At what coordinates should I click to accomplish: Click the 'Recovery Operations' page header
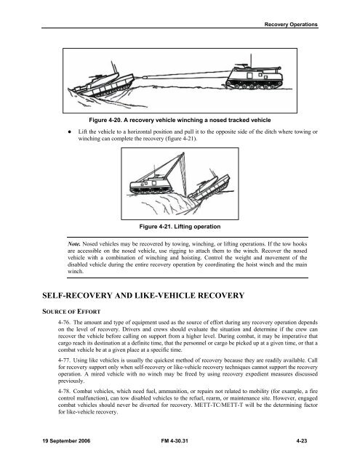click(x=291, y=24)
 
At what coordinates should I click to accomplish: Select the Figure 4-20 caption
click(x=180, y=120)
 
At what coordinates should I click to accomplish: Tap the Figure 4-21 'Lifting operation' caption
click(x=180, y=227)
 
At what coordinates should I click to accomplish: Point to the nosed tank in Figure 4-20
click(x=101, y=83)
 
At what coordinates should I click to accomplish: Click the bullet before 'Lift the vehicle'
click(x=69, y=132)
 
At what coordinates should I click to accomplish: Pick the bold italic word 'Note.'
click(x=74, y=244)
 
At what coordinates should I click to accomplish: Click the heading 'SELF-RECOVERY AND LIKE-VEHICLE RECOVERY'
click(x=143, y=296)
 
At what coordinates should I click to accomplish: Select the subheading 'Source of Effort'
click(x=71, y=312)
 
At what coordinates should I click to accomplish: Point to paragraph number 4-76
click(x=64, y=323)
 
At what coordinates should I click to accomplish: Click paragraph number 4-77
click(x=64, y=360)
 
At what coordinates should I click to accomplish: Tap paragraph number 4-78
click(x=64, y=391)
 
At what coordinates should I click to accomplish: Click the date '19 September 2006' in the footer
click(x=66, y=441)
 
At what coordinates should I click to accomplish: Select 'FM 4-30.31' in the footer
click(x=175, y=441)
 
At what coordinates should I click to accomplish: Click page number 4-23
click(x=302, y=441)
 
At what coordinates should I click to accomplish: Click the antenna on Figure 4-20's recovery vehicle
click(x=251, y=61)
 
